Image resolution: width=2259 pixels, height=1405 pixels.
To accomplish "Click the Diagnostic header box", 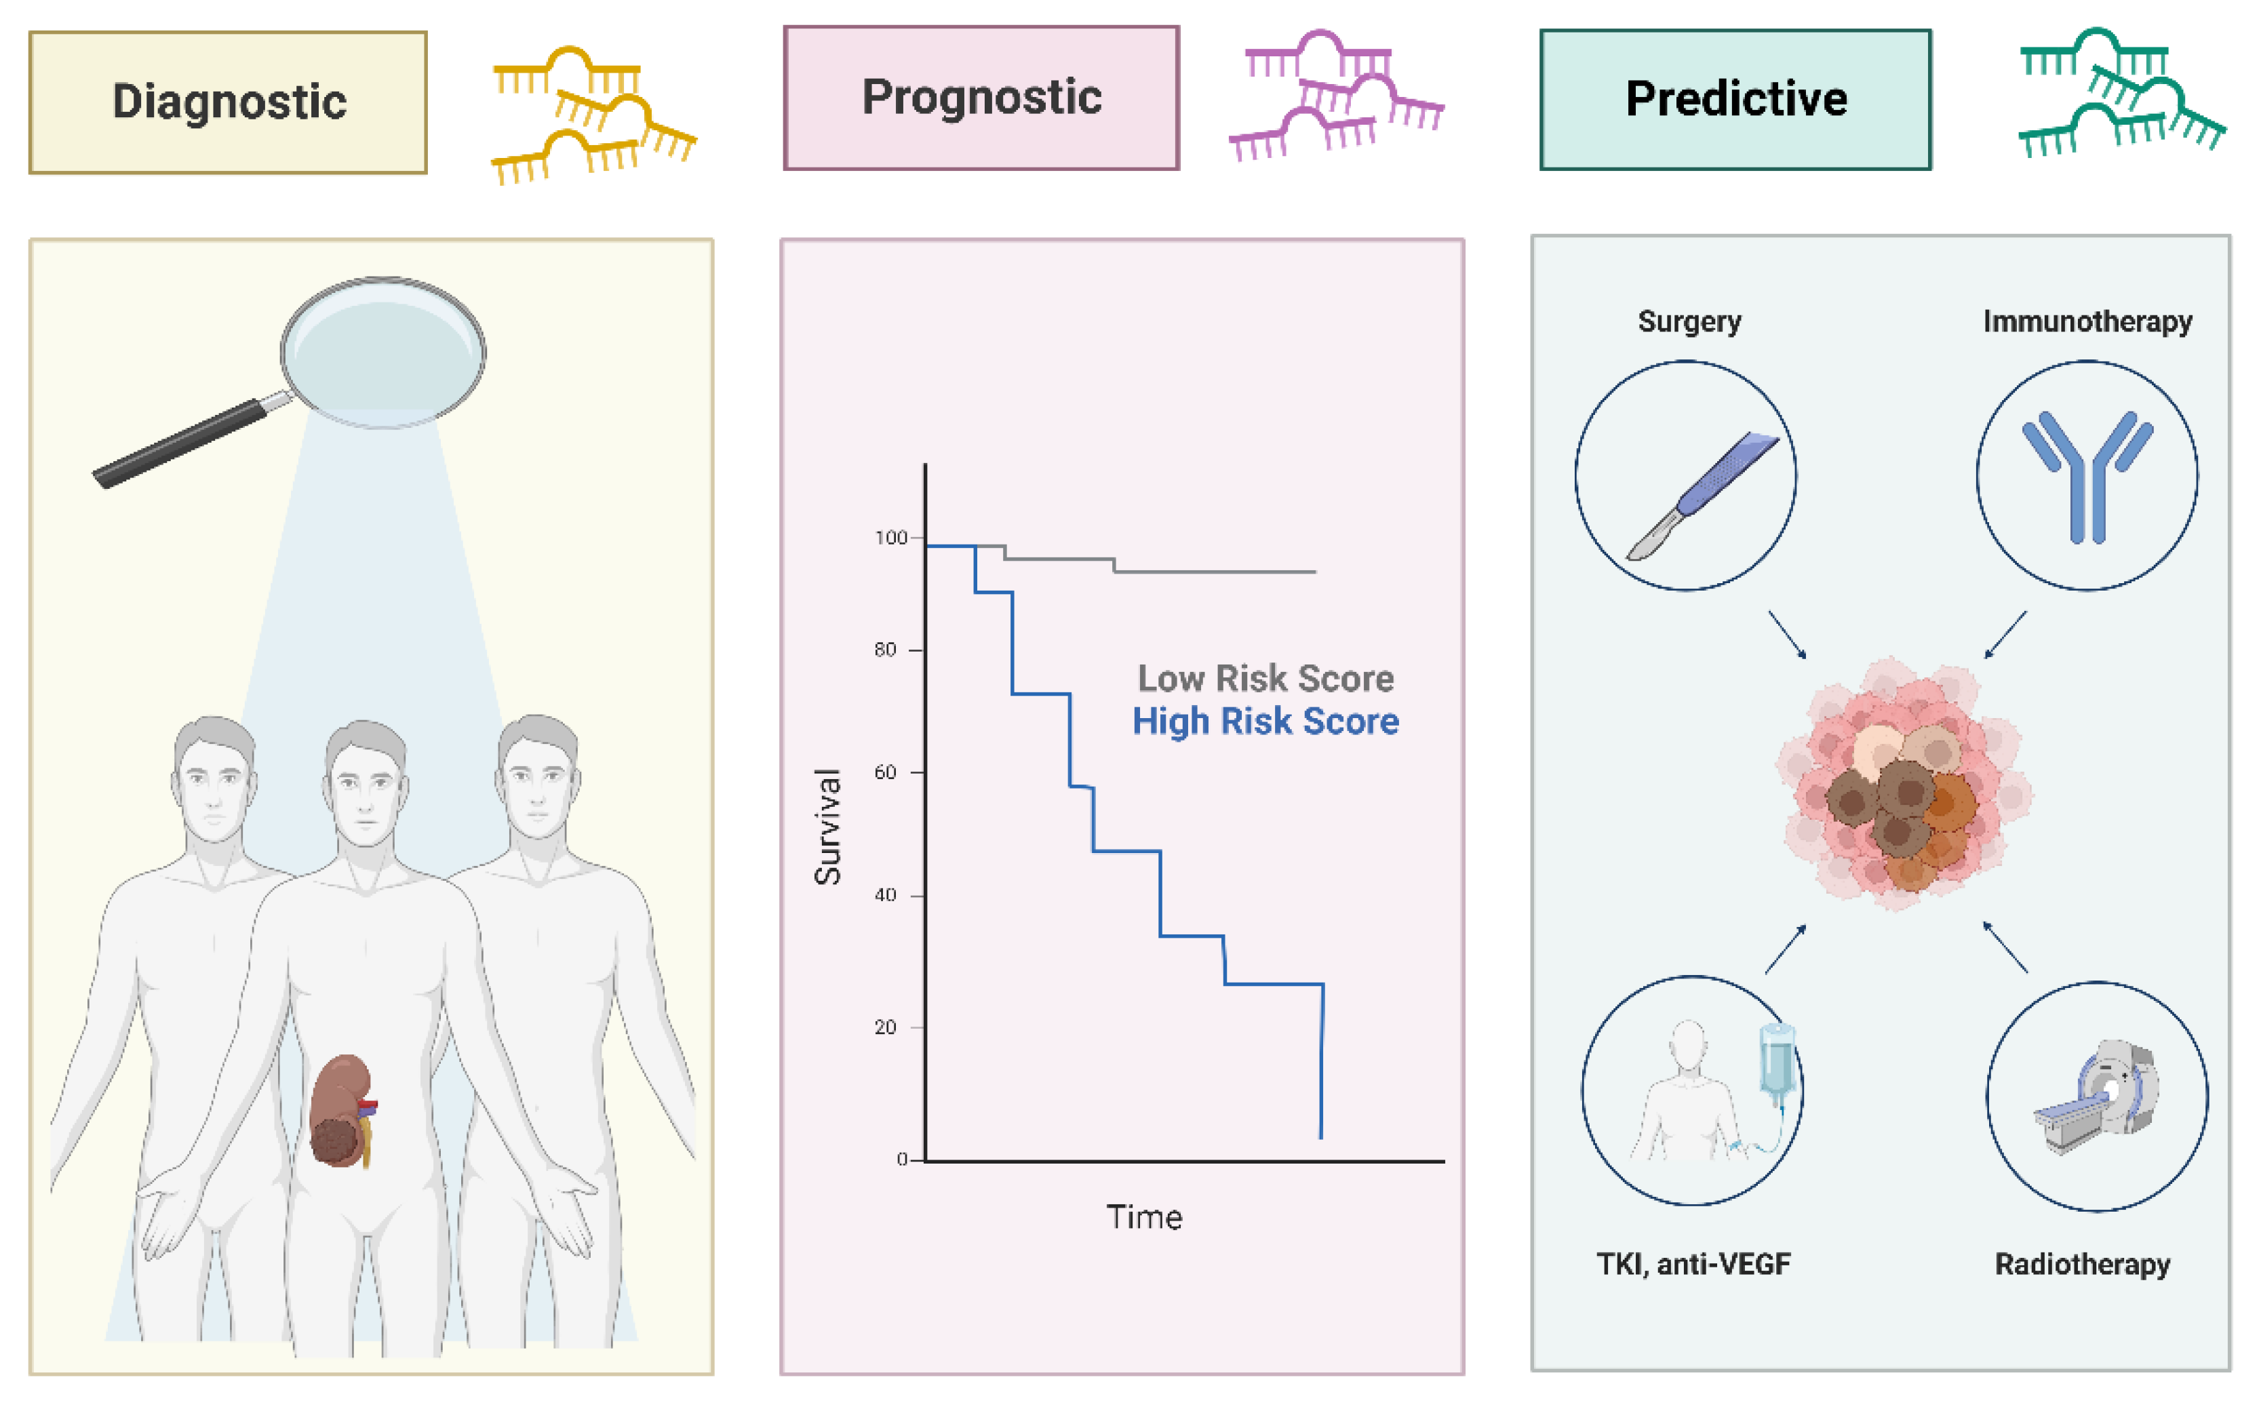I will point(228,102).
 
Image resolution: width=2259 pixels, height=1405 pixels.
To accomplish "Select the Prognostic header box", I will point(981,98).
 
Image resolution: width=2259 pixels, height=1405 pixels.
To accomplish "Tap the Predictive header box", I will point(1735,100).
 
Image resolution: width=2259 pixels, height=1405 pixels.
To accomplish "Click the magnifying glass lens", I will point(383,351).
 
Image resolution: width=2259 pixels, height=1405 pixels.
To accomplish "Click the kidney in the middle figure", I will point(342,1111).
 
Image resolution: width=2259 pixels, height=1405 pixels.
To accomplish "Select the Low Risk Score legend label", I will point(1265,678).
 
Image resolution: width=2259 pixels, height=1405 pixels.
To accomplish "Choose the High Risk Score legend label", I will point(1265,721).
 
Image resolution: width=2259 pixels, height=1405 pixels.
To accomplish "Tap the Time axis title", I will point(1144,1217).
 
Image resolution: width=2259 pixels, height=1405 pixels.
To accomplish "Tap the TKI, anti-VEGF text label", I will point(1693,1264).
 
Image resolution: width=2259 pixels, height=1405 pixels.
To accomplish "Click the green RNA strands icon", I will point(2121,91).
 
